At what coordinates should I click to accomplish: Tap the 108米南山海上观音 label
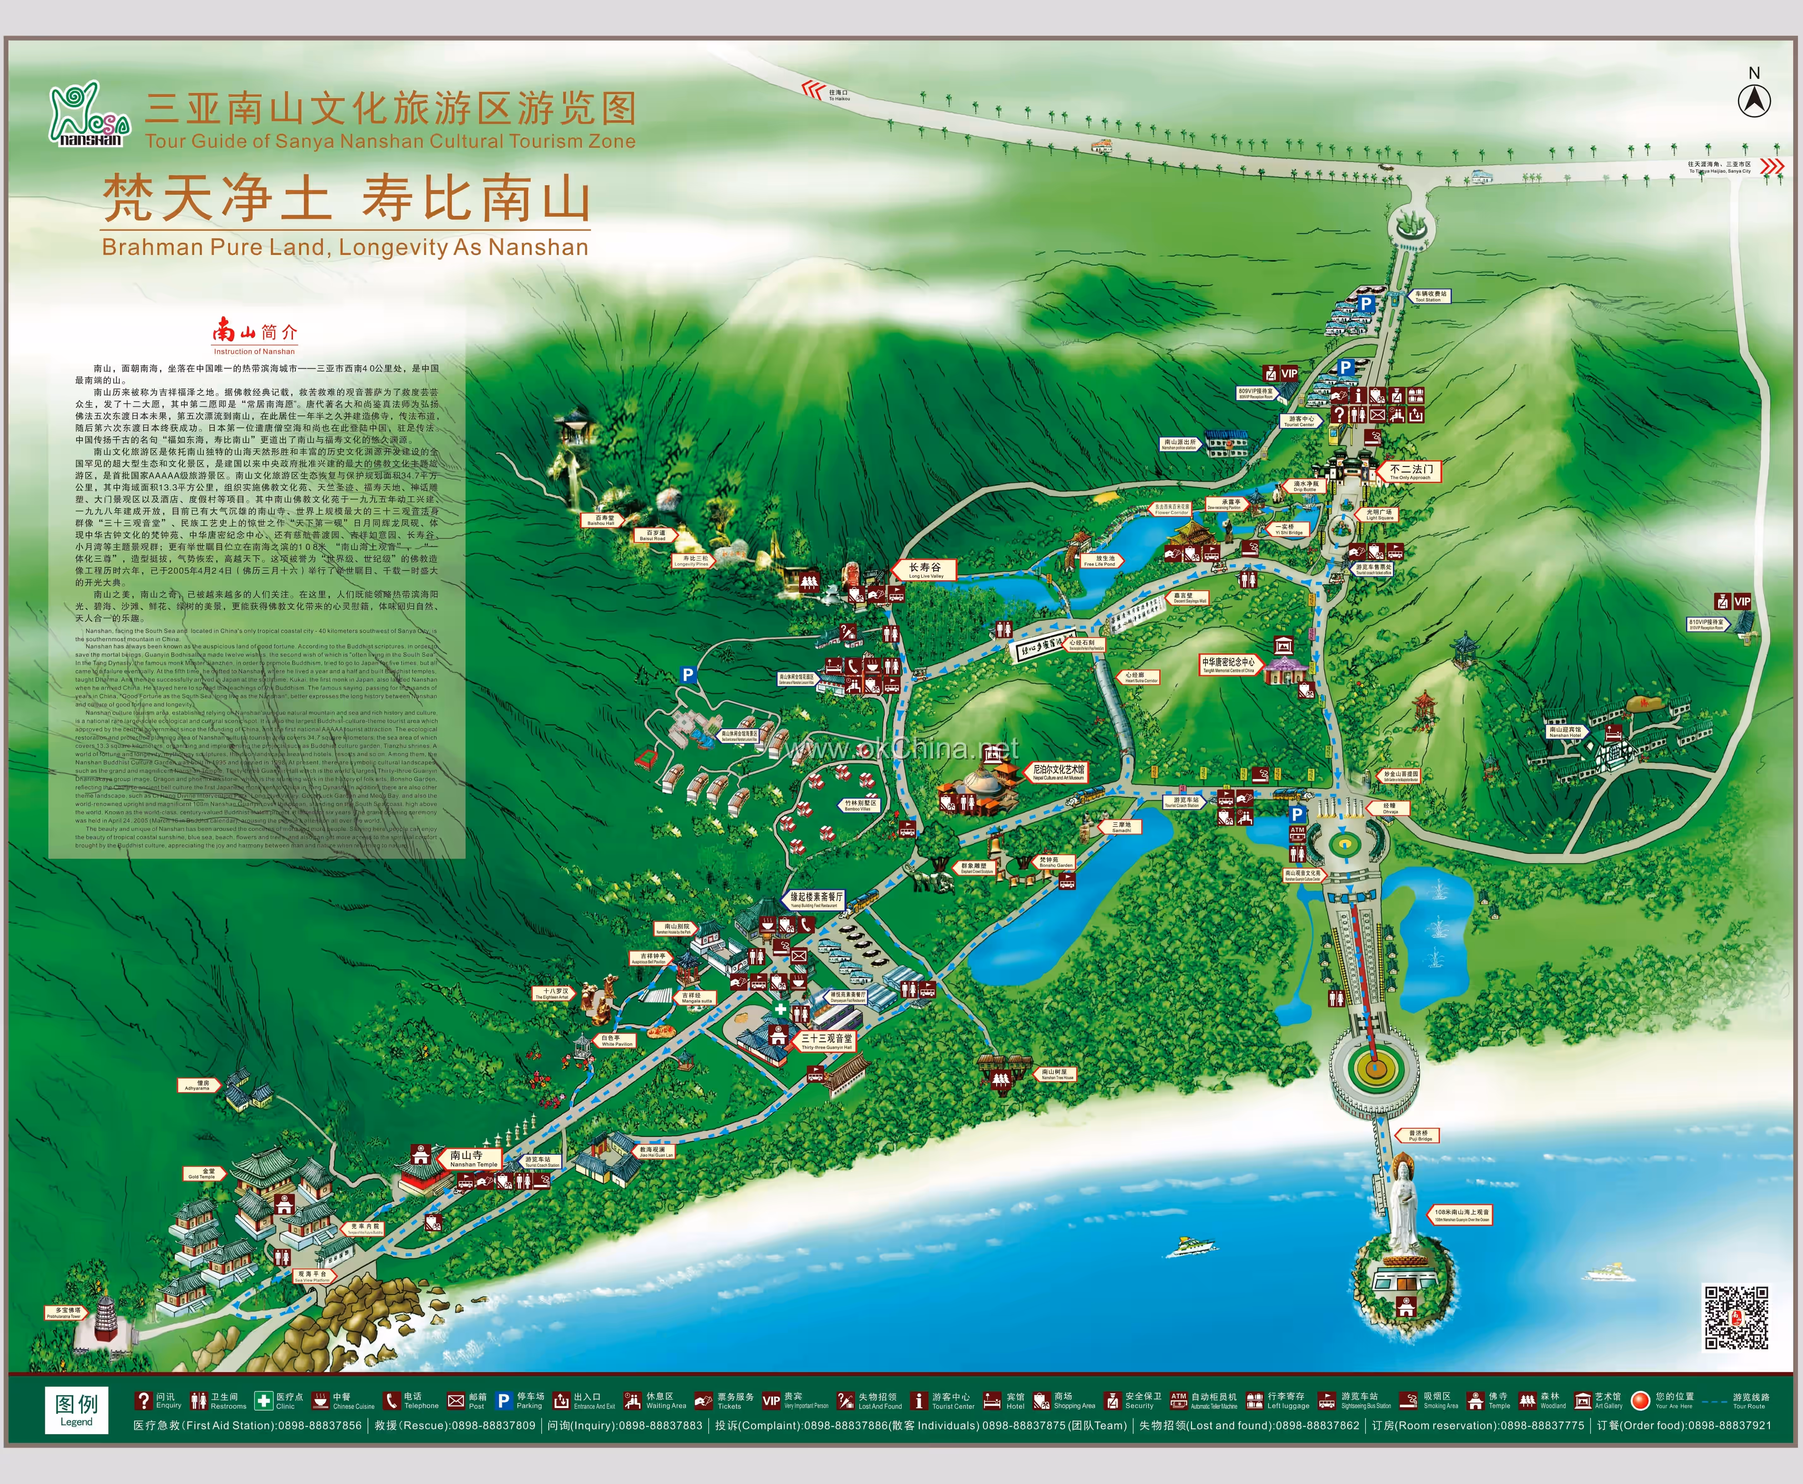click(1461, 1215)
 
